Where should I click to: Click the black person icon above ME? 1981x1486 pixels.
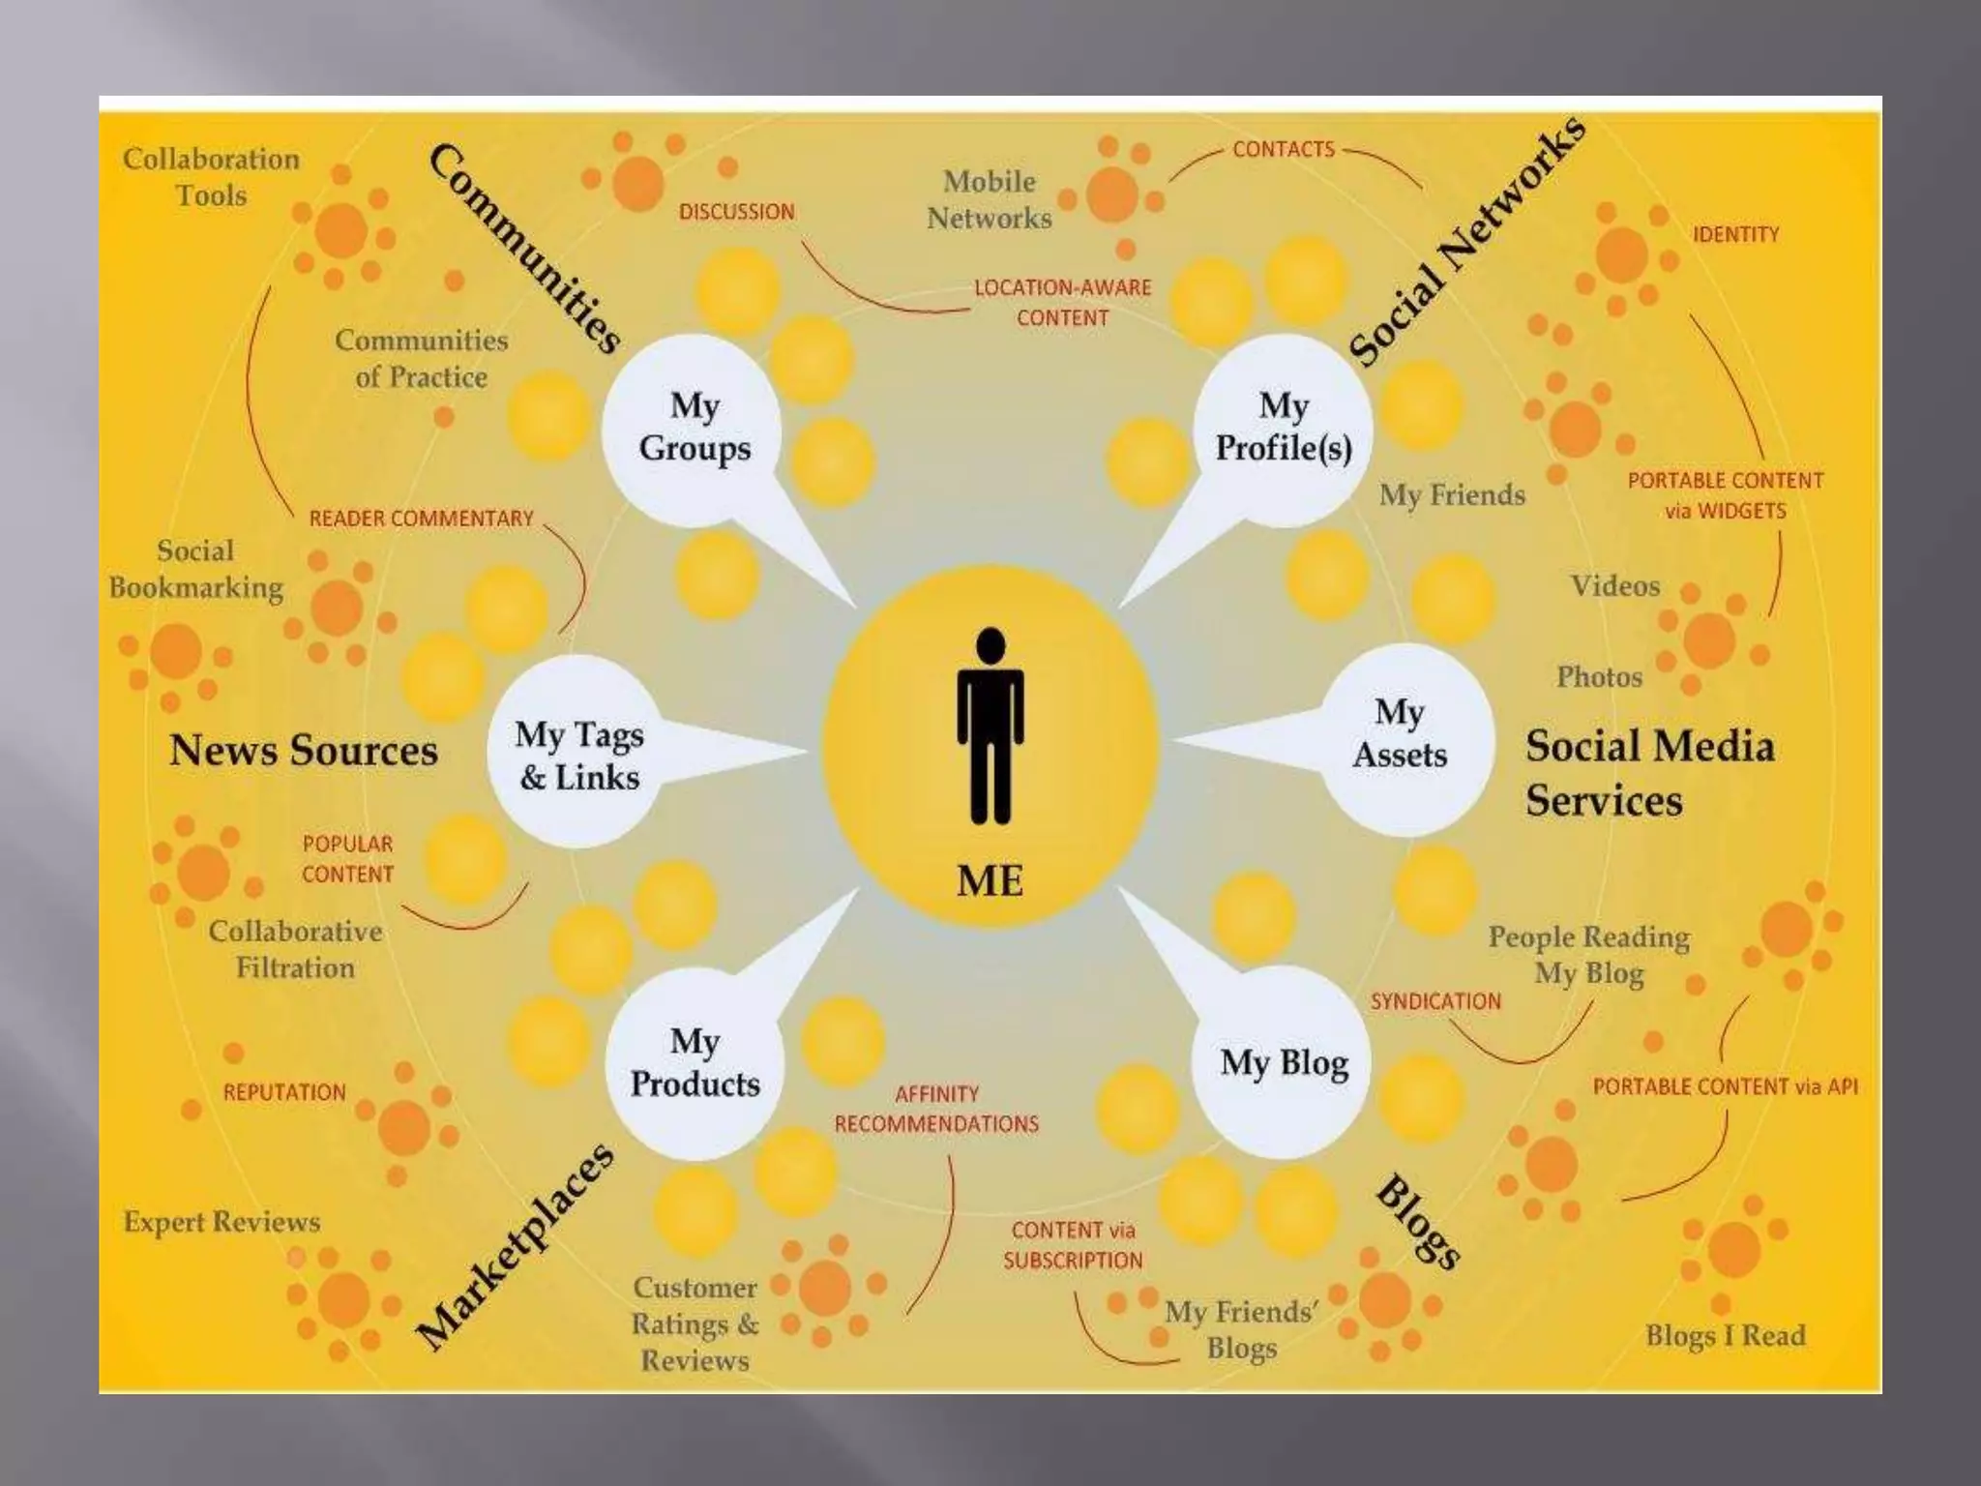[x=990, y=727]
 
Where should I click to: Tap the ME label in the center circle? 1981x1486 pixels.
[x=990, y=880]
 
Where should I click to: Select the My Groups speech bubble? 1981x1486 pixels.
[x=694, y=427]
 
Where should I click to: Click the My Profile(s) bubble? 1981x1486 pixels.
[x=1283, y=427]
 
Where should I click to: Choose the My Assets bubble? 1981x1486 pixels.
[x=1399, y=734]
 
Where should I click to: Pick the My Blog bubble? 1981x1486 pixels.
[x=1284, y=1062]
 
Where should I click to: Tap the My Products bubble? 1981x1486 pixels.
[x=695, y=1062]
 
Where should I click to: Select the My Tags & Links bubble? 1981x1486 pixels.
[x=578, y=756]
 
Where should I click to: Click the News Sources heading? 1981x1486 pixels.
[x=304, y=751]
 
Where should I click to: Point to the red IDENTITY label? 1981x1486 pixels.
[x=1735, y=234]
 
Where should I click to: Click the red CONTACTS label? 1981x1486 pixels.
[x=1283, y=149]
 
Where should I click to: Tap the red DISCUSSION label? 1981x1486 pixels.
[x=736, y=212]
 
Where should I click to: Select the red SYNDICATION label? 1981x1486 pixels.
[x=1435, y=1001]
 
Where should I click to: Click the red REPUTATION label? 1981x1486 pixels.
[x=284, y=1092]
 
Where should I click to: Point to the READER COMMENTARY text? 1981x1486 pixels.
[x=421, y=519]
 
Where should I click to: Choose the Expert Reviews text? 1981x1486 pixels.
[x=222, y=1222]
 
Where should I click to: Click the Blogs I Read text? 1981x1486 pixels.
[x=1725, y=1335]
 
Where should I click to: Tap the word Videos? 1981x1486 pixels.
[x=1614, y=585]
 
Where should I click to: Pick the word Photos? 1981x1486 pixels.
[x=1599, y=676]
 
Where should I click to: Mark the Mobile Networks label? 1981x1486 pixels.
[x=989, y=199]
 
